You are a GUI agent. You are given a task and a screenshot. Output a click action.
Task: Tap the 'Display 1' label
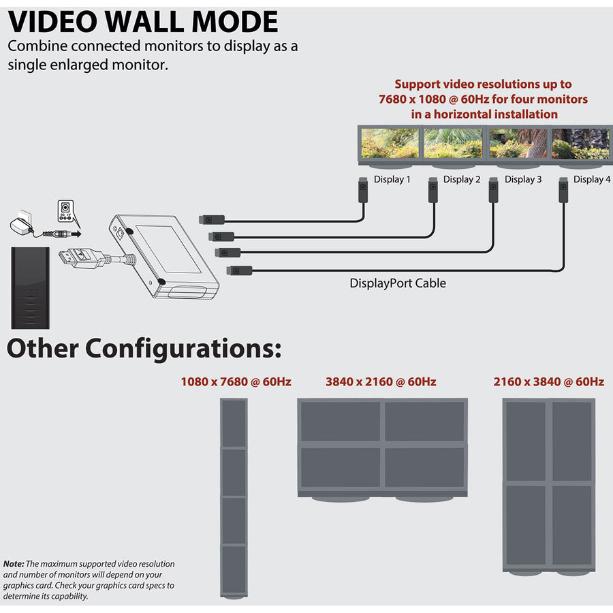(392, 179)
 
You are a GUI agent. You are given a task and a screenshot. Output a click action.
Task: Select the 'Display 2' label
(462, 179)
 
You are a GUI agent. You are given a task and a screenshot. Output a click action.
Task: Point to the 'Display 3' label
(523, 179)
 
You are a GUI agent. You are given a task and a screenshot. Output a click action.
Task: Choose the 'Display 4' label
(588, 179)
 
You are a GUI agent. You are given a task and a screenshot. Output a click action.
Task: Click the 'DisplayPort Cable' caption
(398, 283)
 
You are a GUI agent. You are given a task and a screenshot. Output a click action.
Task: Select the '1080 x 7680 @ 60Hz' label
(236, 381)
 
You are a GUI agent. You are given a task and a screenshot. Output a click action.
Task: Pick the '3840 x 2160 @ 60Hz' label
(381, 381)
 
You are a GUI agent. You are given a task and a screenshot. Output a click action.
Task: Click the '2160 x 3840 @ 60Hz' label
(548, 381)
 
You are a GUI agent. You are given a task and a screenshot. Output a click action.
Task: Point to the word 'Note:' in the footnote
(14, 564)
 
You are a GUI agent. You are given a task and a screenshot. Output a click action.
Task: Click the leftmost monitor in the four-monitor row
(390, 143)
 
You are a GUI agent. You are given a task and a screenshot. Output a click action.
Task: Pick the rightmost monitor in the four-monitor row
(580, 143)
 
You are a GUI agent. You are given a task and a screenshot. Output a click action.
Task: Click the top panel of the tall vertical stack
(234, 423)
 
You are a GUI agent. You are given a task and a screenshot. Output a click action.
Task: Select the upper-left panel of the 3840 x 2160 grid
(341, 421)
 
